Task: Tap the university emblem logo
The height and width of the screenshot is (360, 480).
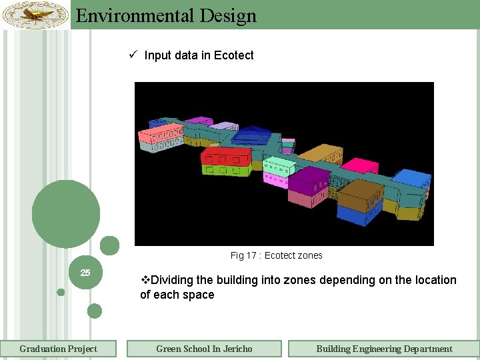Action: pos(35,15)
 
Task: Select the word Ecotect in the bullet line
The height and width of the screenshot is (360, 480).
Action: pos(233,55)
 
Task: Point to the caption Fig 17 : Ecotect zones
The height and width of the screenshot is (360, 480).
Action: pos(276,255)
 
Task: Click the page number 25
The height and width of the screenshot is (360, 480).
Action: pos(85,273)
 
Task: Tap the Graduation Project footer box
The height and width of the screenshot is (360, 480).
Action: pos(58,349)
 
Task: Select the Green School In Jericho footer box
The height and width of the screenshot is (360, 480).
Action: pos(204,349)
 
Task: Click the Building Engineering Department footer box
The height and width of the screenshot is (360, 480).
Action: pos(384,349)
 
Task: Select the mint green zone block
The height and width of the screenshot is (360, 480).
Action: pos(279,167)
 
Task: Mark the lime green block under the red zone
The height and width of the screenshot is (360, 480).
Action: pos(225,171)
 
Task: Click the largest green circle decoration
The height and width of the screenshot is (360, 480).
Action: pos(66,214)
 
